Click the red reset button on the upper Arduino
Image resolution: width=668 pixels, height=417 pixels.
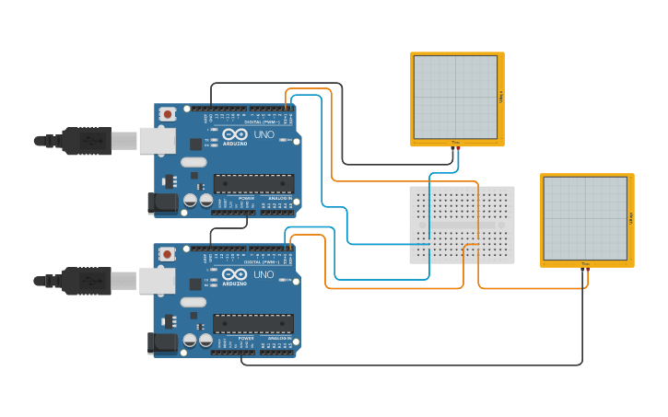tap(167, 114)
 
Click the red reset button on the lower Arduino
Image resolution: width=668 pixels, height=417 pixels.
tap(167, 254)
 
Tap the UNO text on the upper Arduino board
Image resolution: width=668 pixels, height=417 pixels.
tap(264, 134)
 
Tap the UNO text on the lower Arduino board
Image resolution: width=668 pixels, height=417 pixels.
tap(264, 274)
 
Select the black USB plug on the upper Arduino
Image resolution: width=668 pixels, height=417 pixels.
tap(87, 141)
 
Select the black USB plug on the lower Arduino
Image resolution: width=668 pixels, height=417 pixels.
tap(87, 281)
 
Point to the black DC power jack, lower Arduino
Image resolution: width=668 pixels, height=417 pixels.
tap(163, 342)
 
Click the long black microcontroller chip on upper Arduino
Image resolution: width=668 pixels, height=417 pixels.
tap(253, 183)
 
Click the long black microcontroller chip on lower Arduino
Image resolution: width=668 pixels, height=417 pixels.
tap(253, 323)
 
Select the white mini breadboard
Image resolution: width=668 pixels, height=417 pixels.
tap(462, 225)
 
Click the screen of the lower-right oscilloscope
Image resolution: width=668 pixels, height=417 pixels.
tap(585, 218)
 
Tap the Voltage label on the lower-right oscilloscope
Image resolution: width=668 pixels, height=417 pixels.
tap(630, 218)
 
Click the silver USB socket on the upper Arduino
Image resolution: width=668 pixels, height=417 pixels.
tap(157, 141)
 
